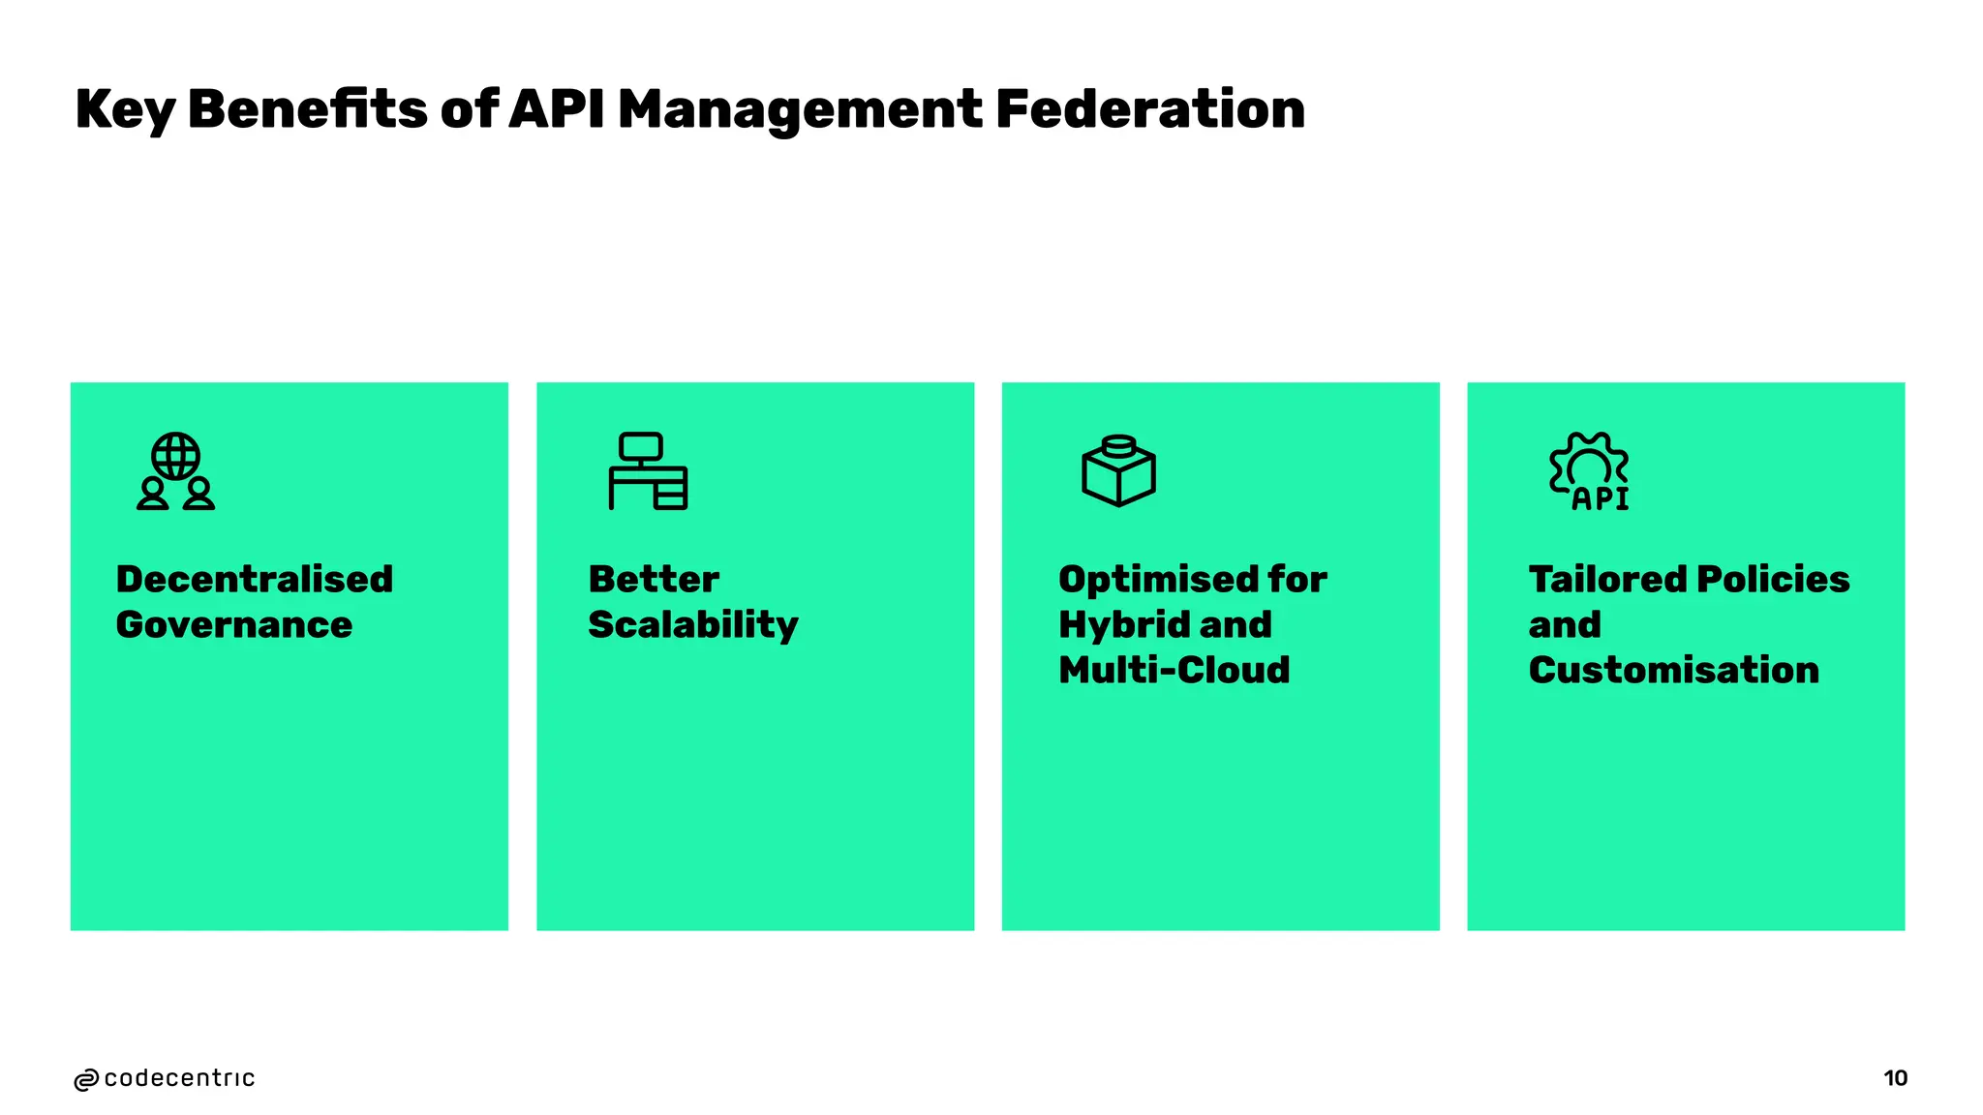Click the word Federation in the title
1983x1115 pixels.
pyautogui.click(x=1149, y=108)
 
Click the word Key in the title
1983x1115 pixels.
pyautogui.click(x=124, y=110)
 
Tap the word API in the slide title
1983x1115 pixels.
pyautogui.click(x=556, y=108)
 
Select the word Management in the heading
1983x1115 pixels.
pyautogui.click(x=800, y=110)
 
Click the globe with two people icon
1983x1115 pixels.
pyautogui.click(x=175, y=471)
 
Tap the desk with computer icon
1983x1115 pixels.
pyautogui.click(x=648, y=471)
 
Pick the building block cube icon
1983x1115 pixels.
pyautogui.click(x=1118, y=471)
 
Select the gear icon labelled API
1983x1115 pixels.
pyautogui.click(x=1589, y=471)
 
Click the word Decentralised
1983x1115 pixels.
pyautogui.click(x=255, y=579)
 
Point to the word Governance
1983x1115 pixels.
pyautogui.click(x=234, y=624)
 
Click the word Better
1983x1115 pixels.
pyautogui.click(x=654, y=579)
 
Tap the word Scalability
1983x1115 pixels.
pyautogui.click(x=693, y=625)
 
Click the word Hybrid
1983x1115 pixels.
pyautogui.click(x=1123, y=625)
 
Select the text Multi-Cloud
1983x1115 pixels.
pyautogui.click(x=1174, y=670)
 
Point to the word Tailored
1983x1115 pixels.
pyautogui.click(x=1607, y=579)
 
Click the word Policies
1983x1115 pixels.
pyautogui.click(x=1773, y=579)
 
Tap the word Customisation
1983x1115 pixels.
pyautogui.click(x=1673, y=670)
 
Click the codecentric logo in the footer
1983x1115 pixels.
pyautogui.click(x=164, y=1078)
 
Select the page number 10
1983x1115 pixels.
pyautogui.click(x=1895, y=1078)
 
